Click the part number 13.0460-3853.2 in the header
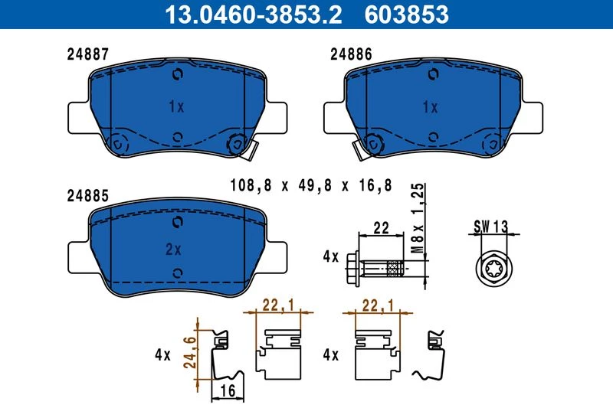254,15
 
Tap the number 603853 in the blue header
407,15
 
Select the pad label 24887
88,54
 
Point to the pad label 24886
351,54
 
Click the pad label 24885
88,196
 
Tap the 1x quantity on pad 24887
176,106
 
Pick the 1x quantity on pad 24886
431,106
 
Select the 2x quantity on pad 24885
173,249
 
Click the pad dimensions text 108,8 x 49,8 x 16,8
311,185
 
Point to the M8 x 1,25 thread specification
418,218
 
